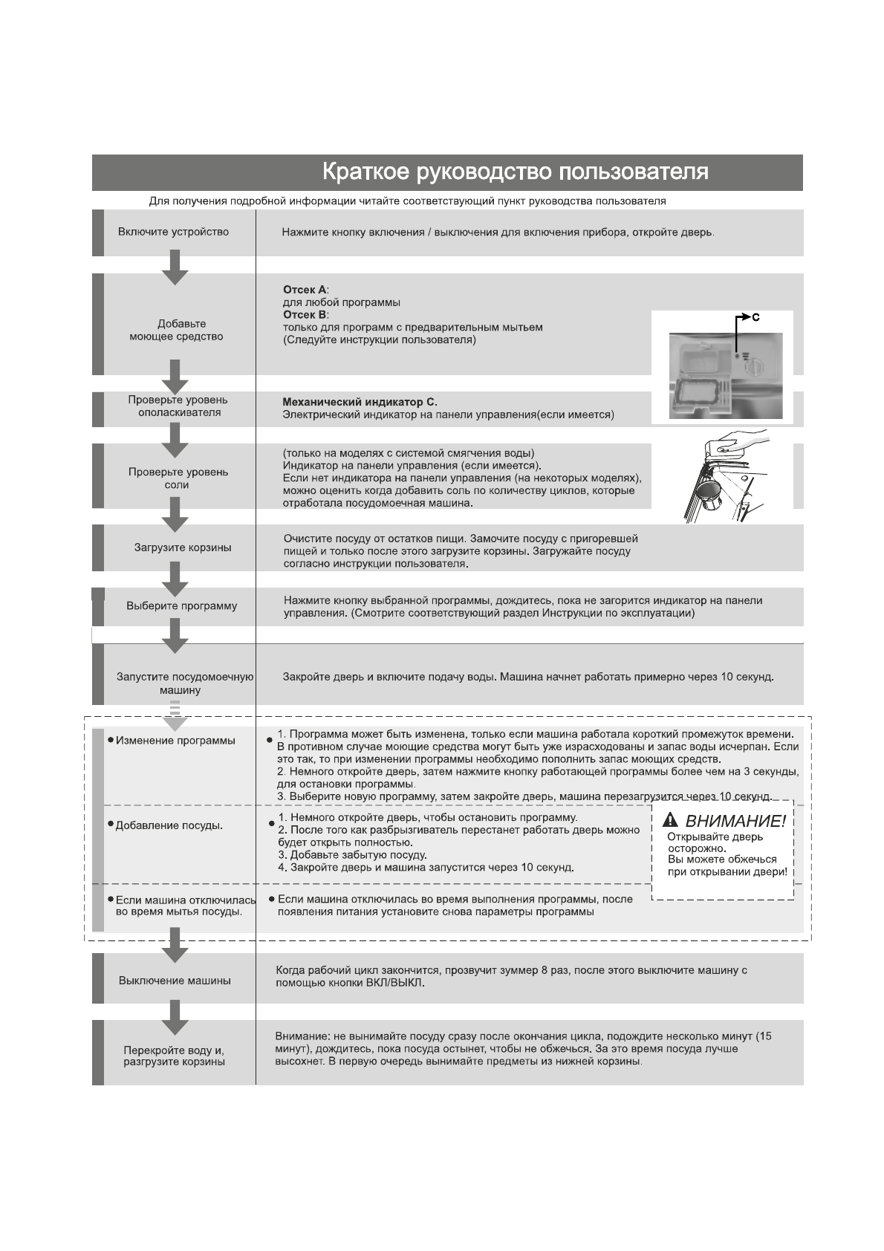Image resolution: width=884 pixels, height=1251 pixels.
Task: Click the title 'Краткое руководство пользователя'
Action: pyautogui.click(x=515, y=172)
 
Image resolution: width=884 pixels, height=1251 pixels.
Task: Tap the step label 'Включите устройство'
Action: pyautogui.click(x=173, y=232)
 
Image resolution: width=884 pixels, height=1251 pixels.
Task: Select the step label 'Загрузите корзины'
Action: pyautogui.click(x=182, y=548)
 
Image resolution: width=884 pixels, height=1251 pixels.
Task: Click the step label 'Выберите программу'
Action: pyautogui.click(x=181, y=606)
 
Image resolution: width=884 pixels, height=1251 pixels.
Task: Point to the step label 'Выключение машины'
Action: pyautogui.click(x=175, y=981)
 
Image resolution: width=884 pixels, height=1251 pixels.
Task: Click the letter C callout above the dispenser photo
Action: pyautogui.click(x=755, y=318)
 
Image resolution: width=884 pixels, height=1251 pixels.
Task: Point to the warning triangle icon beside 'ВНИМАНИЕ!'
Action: pyautogui.click(x=671, y=820)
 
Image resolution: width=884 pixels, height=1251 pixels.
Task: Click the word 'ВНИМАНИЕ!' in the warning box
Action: pyautogui.click(x=735, y=822)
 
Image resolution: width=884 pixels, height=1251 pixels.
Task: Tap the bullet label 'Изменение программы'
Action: pyautogui.click(x=175, y=741)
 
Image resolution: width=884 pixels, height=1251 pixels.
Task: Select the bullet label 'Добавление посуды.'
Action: pyautogui.click(x=169, y=826)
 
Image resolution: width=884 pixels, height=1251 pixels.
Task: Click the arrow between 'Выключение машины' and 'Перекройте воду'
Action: pyautogui.click(x=175, y=1017)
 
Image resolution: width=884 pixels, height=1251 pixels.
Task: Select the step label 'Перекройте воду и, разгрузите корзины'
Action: pyautogui.click(x=174, y=1056)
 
